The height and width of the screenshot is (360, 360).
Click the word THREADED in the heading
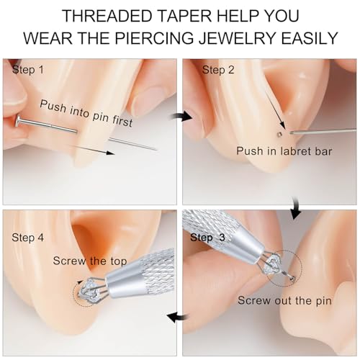107,16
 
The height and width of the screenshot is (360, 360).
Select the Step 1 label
28,70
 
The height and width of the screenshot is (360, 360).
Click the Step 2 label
218,70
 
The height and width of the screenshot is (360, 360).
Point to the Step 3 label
208,238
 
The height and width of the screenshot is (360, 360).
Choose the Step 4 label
28,238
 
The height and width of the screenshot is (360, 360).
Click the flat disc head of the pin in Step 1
18,121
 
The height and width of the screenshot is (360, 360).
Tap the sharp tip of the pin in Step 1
156,150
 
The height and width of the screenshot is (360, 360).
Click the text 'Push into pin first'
86,113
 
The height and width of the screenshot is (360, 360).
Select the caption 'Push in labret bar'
284,151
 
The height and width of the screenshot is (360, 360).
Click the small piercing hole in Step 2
279,134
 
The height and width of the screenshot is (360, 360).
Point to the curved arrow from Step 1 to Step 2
182,116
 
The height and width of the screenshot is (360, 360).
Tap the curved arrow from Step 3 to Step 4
178,318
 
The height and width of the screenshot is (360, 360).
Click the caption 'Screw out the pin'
284,300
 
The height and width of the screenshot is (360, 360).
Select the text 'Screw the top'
90,261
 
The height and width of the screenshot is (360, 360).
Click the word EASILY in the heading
310,38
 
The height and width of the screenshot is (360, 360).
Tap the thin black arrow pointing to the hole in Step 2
274,108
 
